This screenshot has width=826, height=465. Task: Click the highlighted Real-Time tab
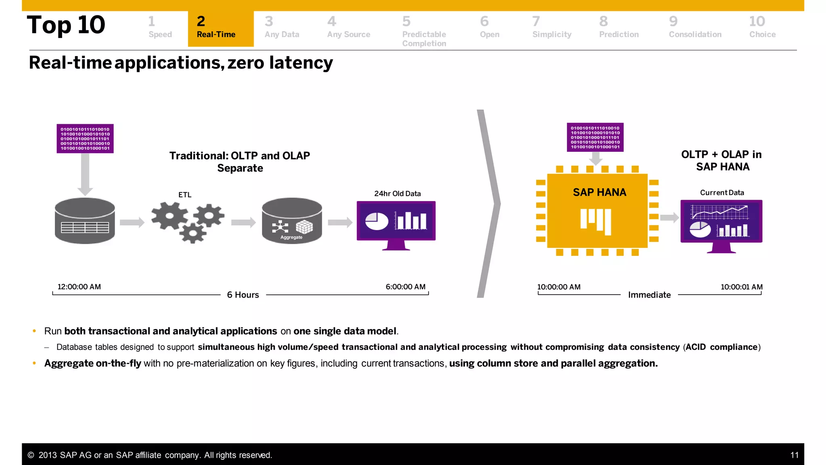(220, 28)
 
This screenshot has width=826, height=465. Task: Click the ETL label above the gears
(185, 195)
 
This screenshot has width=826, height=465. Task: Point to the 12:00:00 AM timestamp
(79, 287)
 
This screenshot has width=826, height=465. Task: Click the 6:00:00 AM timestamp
(405, 287)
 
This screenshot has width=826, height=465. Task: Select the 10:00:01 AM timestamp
(741, 287)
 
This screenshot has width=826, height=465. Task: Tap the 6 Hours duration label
(243, 295)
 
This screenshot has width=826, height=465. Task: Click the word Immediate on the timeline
(649, 295)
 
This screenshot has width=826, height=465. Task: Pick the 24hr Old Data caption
(397, 194)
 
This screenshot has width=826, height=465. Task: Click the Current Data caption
(722, 193)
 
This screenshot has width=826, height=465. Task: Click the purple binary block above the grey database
(85, 138)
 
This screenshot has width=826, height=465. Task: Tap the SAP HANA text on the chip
(599, 193)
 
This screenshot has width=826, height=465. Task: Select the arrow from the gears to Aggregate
(243, 222)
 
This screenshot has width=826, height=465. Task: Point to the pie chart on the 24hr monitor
(376, 221)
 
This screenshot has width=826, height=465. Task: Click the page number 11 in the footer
(794, 455)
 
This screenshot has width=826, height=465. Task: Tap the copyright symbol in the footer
(31, 455)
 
